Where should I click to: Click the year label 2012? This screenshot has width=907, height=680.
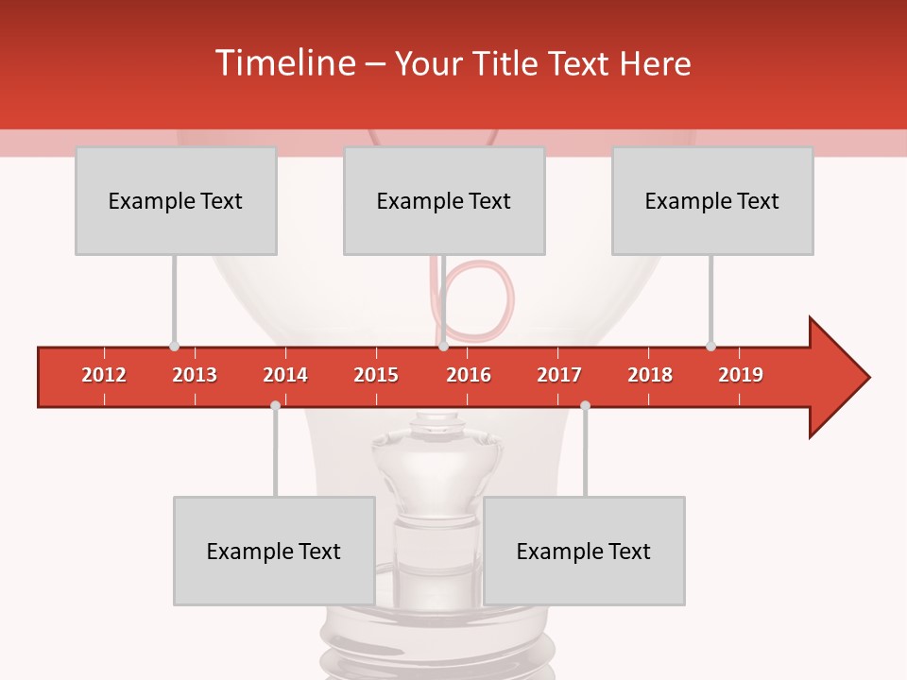[104, 375]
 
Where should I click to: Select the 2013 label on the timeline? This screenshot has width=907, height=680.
[195, 375]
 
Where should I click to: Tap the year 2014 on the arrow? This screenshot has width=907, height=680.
[285, 375]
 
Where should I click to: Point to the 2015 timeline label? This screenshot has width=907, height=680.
[376, 375]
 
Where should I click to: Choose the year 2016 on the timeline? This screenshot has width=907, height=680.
[469, 375]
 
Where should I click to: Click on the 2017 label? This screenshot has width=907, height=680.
[559, 375]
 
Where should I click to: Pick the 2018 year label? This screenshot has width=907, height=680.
[650, 375]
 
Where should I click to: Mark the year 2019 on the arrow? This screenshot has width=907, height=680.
[741, 375]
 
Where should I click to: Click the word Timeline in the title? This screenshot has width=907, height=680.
[284, 63]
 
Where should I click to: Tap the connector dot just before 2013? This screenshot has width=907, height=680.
[174, 346]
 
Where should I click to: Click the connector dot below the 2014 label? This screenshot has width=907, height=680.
[275, 406]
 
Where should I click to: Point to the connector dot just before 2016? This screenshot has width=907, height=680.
[443, 346]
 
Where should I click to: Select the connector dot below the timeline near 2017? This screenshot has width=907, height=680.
[585, 406]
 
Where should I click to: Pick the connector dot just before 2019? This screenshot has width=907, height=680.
[710, 346]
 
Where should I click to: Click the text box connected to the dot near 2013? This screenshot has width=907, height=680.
[176, 200]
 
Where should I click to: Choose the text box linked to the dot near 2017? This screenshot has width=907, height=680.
[584, 551]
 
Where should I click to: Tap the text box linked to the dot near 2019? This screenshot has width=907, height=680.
[712, 200]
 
